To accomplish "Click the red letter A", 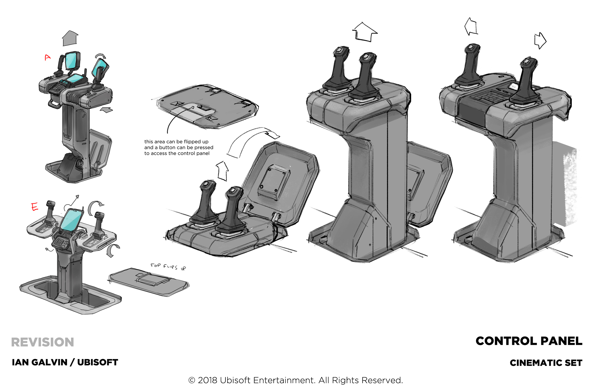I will coord(48,57).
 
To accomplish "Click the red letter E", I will coord(34,207).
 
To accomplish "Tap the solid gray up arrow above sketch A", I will coord(70,38).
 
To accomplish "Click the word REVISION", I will coord(42,342).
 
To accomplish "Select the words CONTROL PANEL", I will coord(529,341).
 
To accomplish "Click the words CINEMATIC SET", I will coord(546,363).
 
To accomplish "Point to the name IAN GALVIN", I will coord(39,362).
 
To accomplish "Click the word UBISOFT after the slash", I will coord(97,362).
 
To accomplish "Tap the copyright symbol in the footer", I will coord(191,380).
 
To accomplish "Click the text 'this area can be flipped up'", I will coord(176,142).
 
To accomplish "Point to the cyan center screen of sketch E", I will coord(71,220).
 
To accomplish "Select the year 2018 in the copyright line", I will coord(207,380).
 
